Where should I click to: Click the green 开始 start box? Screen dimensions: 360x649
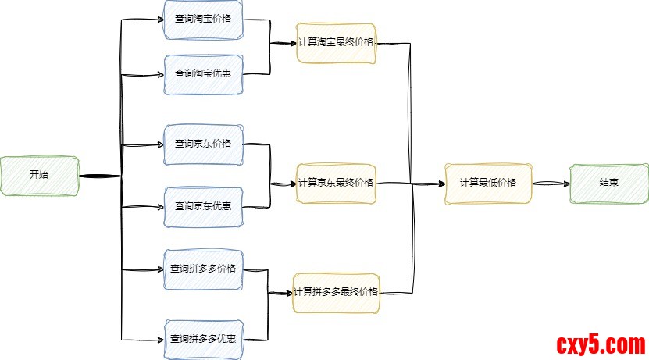39,175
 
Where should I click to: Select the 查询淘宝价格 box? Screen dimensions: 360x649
203,19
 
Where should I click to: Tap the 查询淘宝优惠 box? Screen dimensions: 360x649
203,74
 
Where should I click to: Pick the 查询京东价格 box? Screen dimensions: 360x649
203,144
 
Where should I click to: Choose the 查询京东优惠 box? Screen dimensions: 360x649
203,207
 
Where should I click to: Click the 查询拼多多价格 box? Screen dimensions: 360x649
203,269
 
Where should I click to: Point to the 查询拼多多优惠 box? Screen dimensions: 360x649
203,339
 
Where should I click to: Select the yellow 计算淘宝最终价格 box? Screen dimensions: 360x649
336,42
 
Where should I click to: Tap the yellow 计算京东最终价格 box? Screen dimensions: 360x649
336,184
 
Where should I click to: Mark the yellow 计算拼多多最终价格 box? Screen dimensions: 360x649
336,293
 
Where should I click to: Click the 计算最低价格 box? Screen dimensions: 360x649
487,184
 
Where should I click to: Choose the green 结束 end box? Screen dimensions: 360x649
609,184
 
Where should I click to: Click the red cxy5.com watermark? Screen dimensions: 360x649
600,344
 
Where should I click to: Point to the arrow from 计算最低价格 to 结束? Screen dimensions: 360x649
550,184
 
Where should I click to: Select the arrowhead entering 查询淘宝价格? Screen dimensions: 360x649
159,20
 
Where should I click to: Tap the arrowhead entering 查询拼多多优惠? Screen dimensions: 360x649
159,339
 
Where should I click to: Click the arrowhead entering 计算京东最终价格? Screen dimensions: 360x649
291,184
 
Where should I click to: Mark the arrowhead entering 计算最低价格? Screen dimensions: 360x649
440,184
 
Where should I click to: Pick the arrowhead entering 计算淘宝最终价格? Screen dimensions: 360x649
291,43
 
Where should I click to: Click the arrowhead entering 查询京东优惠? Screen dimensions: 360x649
159,207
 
